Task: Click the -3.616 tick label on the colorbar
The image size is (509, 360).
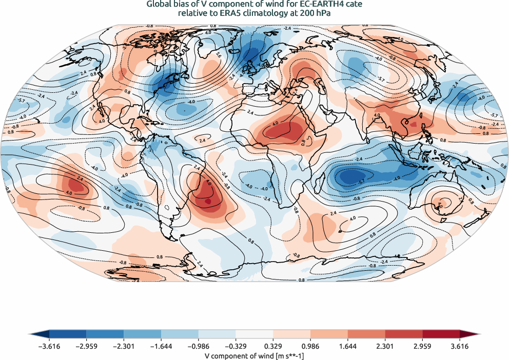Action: point(49,346)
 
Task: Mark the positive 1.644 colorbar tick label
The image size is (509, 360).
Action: point(348,346)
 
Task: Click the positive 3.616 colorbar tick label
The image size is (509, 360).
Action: point(460,346)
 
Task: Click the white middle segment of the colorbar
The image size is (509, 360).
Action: point(254,334)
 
